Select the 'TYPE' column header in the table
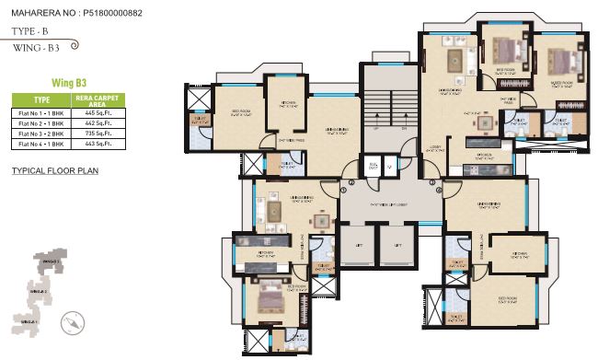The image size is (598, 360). click(x=42, y=99)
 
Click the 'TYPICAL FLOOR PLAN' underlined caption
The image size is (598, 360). click(x=54, y=171)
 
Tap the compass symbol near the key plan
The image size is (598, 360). click(x=71, y=322)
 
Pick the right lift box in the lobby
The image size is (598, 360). click(x=394, y=249)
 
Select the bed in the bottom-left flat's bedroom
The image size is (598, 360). click(x=269, y=296)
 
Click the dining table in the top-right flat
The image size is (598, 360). click(x=453, y=61)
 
